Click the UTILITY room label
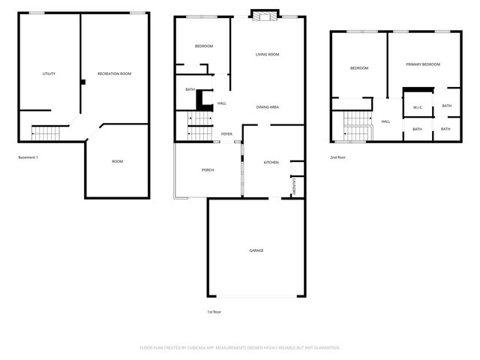(x=49, y=73)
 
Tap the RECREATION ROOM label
(x=115, y=73)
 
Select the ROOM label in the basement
(x=118, y=161)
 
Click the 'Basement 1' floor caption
(x=28, y=157)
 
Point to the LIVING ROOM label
(x=268, y=55)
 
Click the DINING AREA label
(x=268, y=107)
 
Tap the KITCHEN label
(x=271, y=162)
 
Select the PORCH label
(x=208, y=170)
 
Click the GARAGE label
(x=256, y=250)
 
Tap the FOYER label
(x=226, y=134)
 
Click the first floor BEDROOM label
(x=204, y=46)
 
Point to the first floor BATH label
(x=190, y=90)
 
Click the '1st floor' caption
(x=214, y=311)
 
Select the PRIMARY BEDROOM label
(x=423, y=64)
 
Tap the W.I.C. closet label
(x=418, y=107)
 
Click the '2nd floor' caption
(x=338, y=157)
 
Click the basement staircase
(x=45, y=134)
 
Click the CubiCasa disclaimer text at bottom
(x=240, y=347)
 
